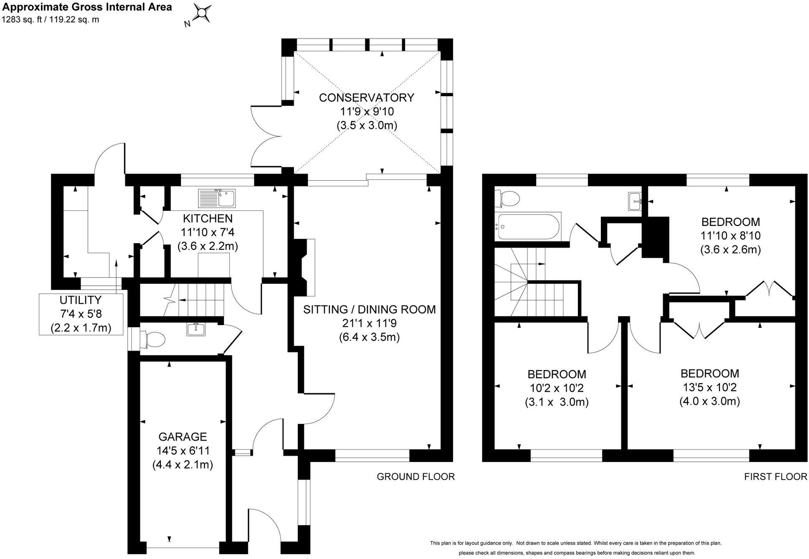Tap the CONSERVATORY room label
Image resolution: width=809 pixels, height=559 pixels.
(x=366, y=97)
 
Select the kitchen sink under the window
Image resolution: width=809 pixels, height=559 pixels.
(x=217, y=198)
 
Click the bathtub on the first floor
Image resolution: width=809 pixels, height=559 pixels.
(x=527, y=226)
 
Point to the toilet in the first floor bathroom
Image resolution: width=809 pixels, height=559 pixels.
(x=506, y=198)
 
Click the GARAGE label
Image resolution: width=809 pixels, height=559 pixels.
(x=183, y=437)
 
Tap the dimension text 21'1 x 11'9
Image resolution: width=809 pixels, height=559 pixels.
(x=369, y=323)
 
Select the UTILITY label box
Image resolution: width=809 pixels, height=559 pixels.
(x=81, y=314)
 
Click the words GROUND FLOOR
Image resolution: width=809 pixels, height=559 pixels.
(x=416, y=476)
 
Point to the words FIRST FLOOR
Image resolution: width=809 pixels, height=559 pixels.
(x=776, y=476)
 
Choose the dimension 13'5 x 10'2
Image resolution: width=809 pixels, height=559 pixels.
(x=710, y=387)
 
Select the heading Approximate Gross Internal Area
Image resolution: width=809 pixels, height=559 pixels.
(x=87, y=7)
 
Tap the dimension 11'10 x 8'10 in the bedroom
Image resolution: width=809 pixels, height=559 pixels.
(x=730, y=236)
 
